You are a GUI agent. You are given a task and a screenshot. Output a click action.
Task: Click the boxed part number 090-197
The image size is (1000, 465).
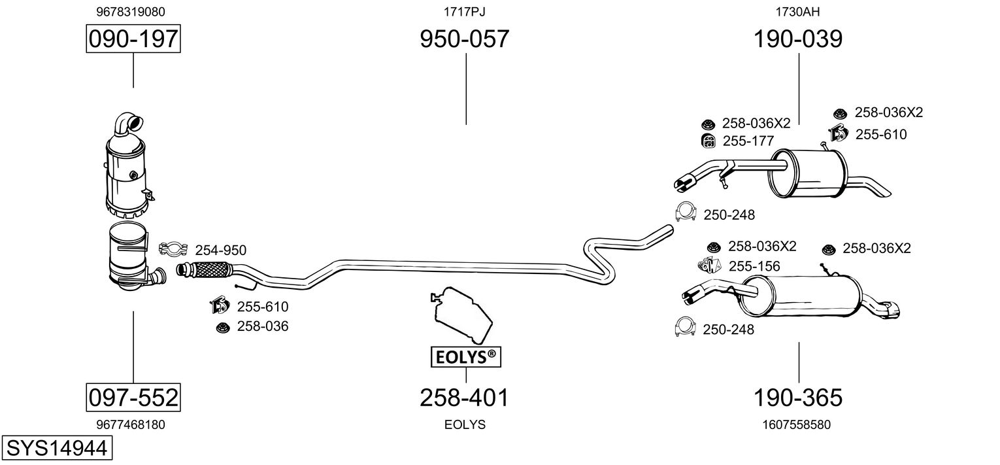tap(133, 39)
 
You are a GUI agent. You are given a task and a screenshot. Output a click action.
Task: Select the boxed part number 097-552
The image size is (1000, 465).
tap(133, 397)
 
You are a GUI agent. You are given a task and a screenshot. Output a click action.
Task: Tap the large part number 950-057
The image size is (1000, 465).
tap(464, 39)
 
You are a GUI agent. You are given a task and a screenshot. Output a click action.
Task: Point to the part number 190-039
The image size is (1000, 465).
tap(798, 39)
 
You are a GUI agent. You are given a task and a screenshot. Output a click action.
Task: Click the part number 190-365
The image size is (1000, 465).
tap(798, 398)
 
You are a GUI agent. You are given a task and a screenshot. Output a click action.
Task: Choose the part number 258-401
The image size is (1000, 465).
tap(464, 398)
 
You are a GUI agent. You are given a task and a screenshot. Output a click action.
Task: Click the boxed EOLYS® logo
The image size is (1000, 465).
tap(465, 357)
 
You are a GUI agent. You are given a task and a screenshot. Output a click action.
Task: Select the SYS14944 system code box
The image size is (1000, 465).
tap(57, 448)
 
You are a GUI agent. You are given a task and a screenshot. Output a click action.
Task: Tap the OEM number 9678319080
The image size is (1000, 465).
tap(131, 12)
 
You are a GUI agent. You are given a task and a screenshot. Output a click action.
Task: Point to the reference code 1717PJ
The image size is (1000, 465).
tap(464, 12)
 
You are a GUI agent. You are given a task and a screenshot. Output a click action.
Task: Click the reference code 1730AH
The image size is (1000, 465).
tap(798, 12)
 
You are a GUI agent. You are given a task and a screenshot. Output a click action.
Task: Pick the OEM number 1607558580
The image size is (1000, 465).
tap(797, 424)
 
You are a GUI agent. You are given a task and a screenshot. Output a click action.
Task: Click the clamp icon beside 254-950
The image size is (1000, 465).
tap(173, 249)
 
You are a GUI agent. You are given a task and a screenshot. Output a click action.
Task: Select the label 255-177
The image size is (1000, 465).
tap(748, 141)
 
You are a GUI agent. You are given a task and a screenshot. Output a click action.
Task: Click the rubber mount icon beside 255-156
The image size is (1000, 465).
tap(709, 266)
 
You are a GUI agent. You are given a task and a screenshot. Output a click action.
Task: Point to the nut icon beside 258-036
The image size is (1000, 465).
tap(222, 328)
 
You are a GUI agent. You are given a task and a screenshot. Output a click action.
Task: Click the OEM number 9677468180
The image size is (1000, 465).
tap(131, 424)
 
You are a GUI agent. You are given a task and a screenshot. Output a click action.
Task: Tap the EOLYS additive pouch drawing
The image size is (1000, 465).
tap(461, 315)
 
